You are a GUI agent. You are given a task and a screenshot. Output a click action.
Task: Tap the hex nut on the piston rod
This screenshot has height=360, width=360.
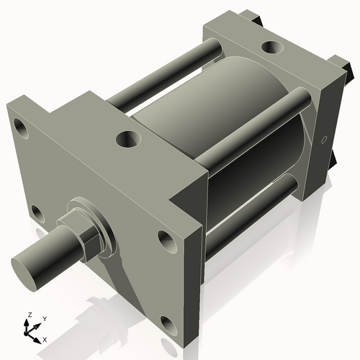tap(81, 229)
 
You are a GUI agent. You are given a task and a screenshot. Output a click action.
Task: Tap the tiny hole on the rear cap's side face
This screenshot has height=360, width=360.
tap(324, 139)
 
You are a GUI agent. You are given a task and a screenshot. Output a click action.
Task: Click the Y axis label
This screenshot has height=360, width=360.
tap(45, 318)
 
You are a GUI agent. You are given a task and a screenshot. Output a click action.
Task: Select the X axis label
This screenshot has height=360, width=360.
tap(45, 338)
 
